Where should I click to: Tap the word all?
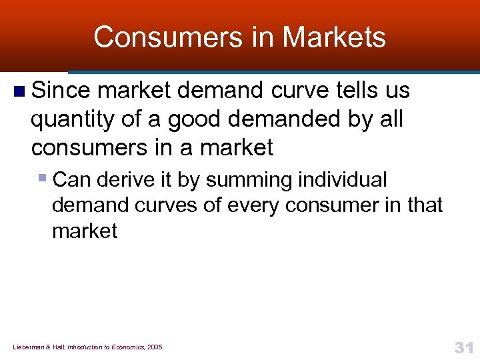391,119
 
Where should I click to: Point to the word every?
257,205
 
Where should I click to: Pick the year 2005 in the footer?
154,347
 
